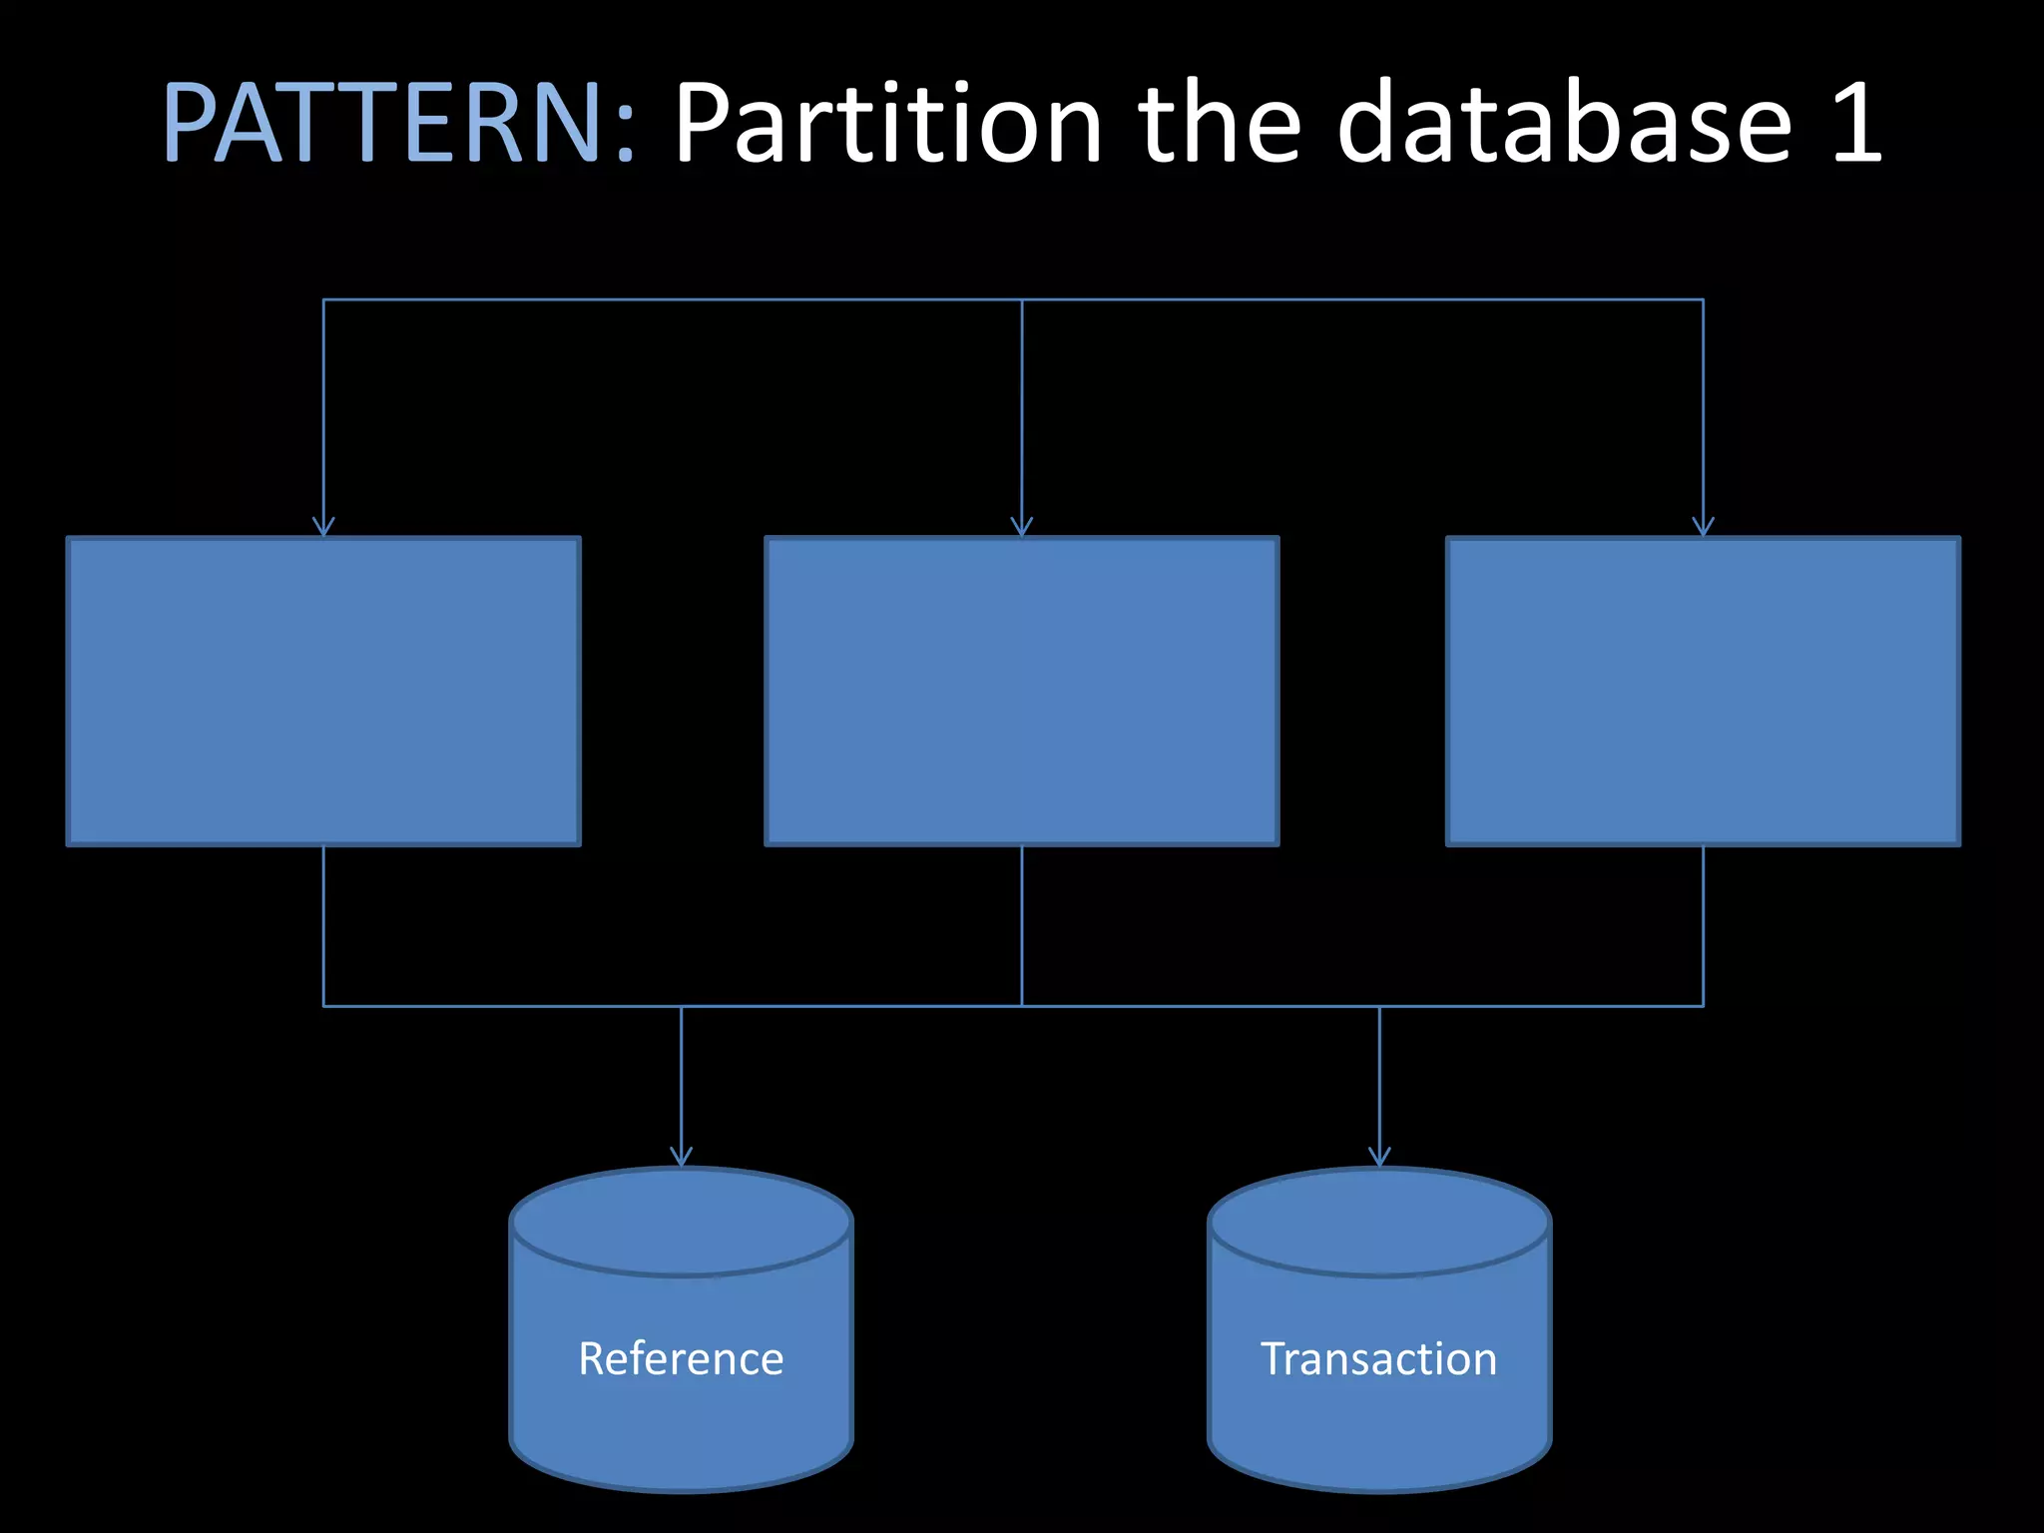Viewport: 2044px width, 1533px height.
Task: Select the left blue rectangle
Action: [323, 691]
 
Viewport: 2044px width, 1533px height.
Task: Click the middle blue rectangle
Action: [1021, 691]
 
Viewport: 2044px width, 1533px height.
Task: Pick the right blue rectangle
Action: [1703, 691]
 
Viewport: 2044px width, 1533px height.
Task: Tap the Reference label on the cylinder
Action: [681, 1358]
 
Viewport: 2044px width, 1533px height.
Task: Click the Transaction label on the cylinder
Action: [1378, 1358]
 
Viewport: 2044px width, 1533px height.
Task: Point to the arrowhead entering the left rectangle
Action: [323, 528]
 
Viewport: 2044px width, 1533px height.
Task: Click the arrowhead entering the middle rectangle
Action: [1021, 528]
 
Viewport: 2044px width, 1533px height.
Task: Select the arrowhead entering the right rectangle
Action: [1703, 528]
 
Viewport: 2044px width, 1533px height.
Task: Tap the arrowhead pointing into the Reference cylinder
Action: [681, 1158]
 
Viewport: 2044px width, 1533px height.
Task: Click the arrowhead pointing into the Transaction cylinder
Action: [1379, 1158]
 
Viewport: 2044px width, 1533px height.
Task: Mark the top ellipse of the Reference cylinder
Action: [681, 1223]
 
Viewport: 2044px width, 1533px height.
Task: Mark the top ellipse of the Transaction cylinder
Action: [1379, 1223]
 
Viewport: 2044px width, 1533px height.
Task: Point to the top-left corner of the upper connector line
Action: [323, 299]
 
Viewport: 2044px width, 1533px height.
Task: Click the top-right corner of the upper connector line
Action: [1703, 299]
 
